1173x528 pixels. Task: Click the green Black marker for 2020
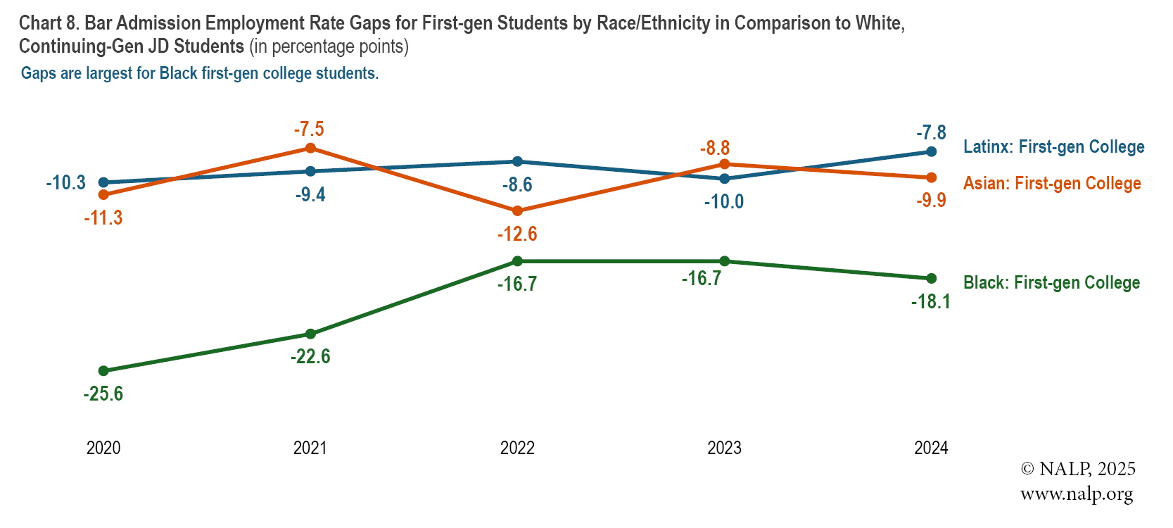[103, 371]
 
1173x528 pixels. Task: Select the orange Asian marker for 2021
[310, 148]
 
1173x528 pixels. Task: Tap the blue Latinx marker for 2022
[517, 161]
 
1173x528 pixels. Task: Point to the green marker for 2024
[931, 278]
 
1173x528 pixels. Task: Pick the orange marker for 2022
[517, 210]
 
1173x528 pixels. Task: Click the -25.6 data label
[103, 394]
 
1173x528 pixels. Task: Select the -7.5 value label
[309, 129]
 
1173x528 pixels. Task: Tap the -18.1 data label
[930, 302]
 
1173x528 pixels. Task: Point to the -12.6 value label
[517, 234]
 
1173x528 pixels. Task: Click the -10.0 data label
[724, 202]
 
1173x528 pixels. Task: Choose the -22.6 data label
[310, 356]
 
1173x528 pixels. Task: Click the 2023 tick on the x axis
[724, 448]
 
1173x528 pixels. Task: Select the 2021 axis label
[310, 448]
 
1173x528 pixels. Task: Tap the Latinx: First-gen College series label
[1053, 146]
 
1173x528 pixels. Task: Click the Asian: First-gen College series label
[1052, 183]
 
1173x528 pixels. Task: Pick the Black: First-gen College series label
[1051, 282]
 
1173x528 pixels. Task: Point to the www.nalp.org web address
[1077, 494]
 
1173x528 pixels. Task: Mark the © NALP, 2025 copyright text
[1078, 469]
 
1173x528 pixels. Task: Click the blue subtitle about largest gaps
[200, 73]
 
